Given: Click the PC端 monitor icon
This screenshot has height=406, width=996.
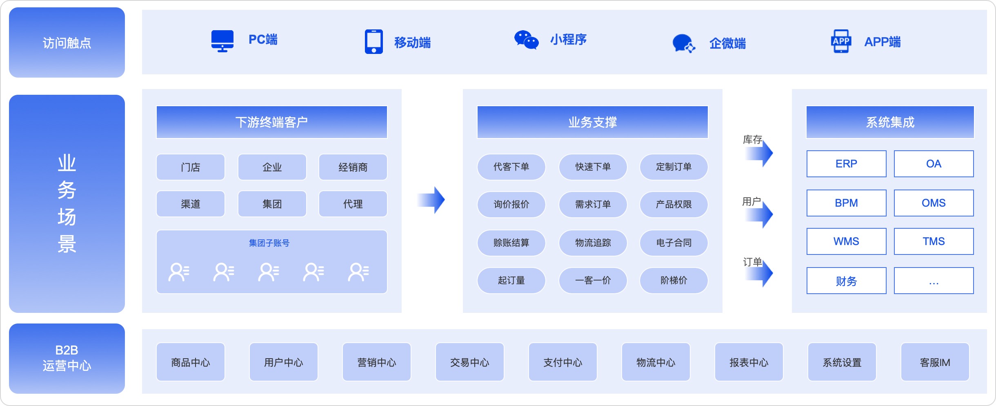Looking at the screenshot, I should [x=222, y=41].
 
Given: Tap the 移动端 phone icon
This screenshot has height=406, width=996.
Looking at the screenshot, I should [x=373, y=42].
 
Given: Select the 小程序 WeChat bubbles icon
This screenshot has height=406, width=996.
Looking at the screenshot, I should [x=526, y=40].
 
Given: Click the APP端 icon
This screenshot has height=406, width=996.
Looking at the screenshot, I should [x=841, y=41].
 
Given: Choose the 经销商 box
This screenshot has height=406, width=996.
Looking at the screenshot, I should [x=353, y=167].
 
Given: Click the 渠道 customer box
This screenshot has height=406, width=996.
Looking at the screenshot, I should [x=191, y=204].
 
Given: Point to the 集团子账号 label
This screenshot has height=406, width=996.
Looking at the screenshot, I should [x=269, y=243].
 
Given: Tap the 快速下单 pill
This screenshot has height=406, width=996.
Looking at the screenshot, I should [x=593, y=167].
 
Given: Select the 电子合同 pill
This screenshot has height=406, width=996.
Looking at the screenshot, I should [x=674, y=243].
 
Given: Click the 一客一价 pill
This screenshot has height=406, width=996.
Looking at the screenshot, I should [x=593, y=281].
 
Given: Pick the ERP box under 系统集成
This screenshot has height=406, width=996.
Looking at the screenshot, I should [x=846, y=164].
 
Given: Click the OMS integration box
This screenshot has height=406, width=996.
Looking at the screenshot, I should [x=934, y=203].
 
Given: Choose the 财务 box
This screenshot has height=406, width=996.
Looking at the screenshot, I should [x=846, y=281].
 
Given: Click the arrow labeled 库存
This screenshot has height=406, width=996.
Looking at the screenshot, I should [x=760, y=154].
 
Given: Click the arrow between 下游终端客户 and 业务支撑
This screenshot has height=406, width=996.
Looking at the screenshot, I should [x=432, y=200].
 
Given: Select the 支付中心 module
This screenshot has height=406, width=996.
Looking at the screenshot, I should [x=562, y=362].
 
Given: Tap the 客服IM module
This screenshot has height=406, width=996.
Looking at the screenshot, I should [x=935, y=362].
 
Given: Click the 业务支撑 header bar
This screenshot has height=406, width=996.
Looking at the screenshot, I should [x=592, y=122].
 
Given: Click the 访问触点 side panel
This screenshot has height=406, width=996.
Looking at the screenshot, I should [x=67, y=42].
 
